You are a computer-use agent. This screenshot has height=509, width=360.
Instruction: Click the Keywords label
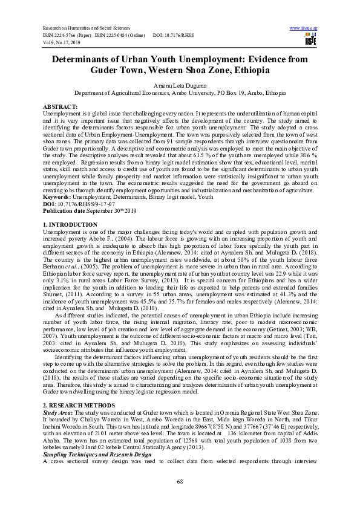(x=58, y=196)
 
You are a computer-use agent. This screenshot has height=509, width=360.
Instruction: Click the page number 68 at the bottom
(x=180, y=481)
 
